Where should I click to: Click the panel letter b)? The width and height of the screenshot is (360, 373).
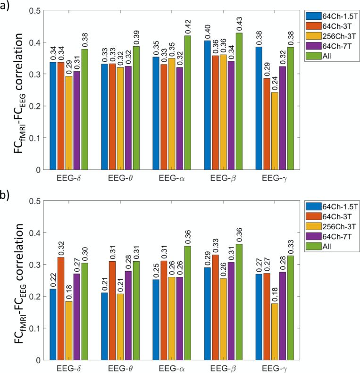[6, 193]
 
